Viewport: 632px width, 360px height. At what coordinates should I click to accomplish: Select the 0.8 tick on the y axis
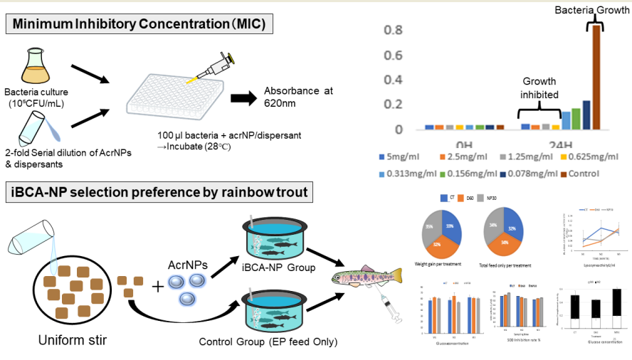tap(394, 30)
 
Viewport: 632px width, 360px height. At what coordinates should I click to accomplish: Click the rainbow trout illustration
tap(364, 275)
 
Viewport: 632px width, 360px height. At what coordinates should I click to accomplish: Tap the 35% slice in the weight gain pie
tap(432, 228)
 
